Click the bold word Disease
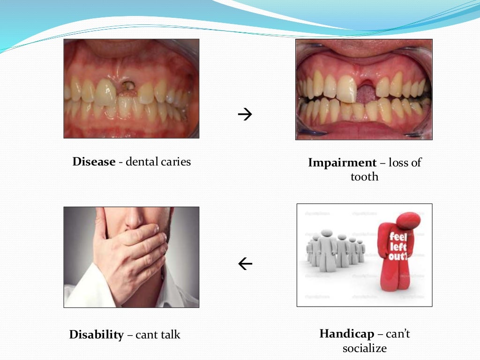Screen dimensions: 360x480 [x=94, y=162]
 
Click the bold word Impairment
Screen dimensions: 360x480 [x=342, y=163]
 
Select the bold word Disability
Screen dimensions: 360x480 [x=97, y=335]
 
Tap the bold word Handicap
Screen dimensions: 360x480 [x=347, y=334]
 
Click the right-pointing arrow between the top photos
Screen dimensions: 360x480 [x=245, y=114]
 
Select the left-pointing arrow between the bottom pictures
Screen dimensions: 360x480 [x=245, y=264]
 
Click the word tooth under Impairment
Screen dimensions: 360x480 [x=364, y=177]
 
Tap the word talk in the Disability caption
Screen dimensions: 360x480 [x=169, y=335]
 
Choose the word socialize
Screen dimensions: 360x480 [x=364, y=349]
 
